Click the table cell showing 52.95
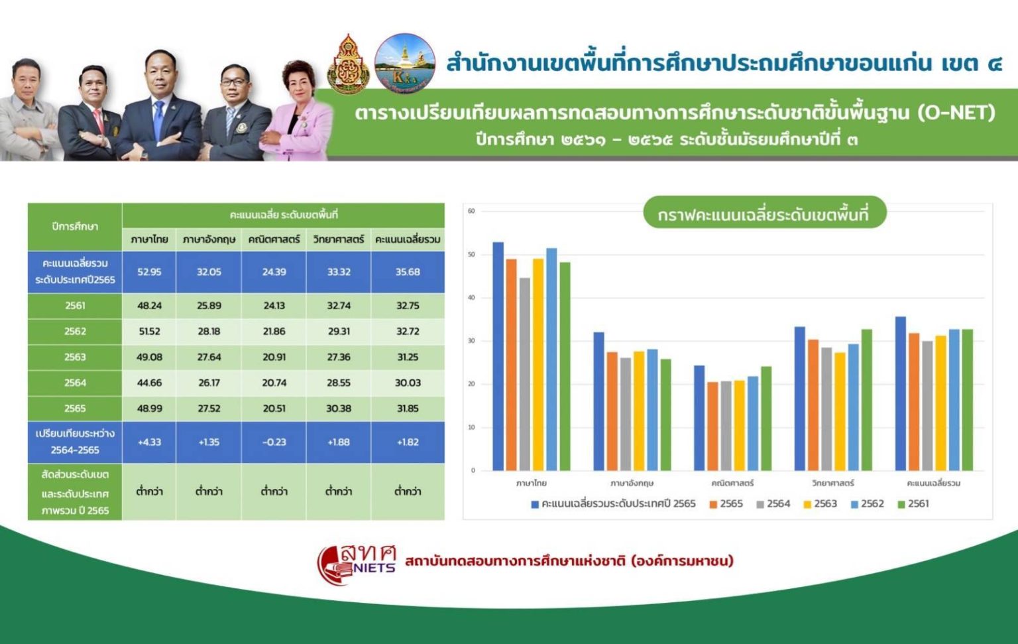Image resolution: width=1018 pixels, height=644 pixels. (149, 272)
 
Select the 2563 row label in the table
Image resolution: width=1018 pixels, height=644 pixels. (75, 357)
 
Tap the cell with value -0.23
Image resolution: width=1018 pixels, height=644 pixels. (274, 442)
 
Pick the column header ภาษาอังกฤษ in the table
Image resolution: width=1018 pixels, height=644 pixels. (209, 239)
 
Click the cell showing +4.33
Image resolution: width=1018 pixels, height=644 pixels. (149, 442)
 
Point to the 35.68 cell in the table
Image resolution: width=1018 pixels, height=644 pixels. (408, 272)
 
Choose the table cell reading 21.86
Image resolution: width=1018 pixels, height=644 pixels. (274, 331)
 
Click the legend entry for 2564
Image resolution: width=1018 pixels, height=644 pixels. (773, 504)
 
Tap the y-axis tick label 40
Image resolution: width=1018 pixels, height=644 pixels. (471, 298)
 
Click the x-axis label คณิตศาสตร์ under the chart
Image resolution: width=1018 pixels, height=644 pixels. (732, 483)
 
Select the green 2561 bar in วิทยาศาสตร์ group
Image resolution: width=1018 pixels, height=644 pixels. (866, 400)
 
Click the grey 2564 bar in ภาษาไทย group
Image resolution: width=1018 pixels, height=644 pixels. (525, 375)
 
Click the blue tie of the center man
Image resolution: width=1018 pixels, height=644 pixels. (158, 119)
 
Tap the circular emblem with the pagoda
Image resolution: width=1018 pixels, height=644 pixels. (404, 63)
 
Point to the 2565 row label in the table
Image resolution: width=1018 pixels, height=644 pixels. (75, 409)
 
